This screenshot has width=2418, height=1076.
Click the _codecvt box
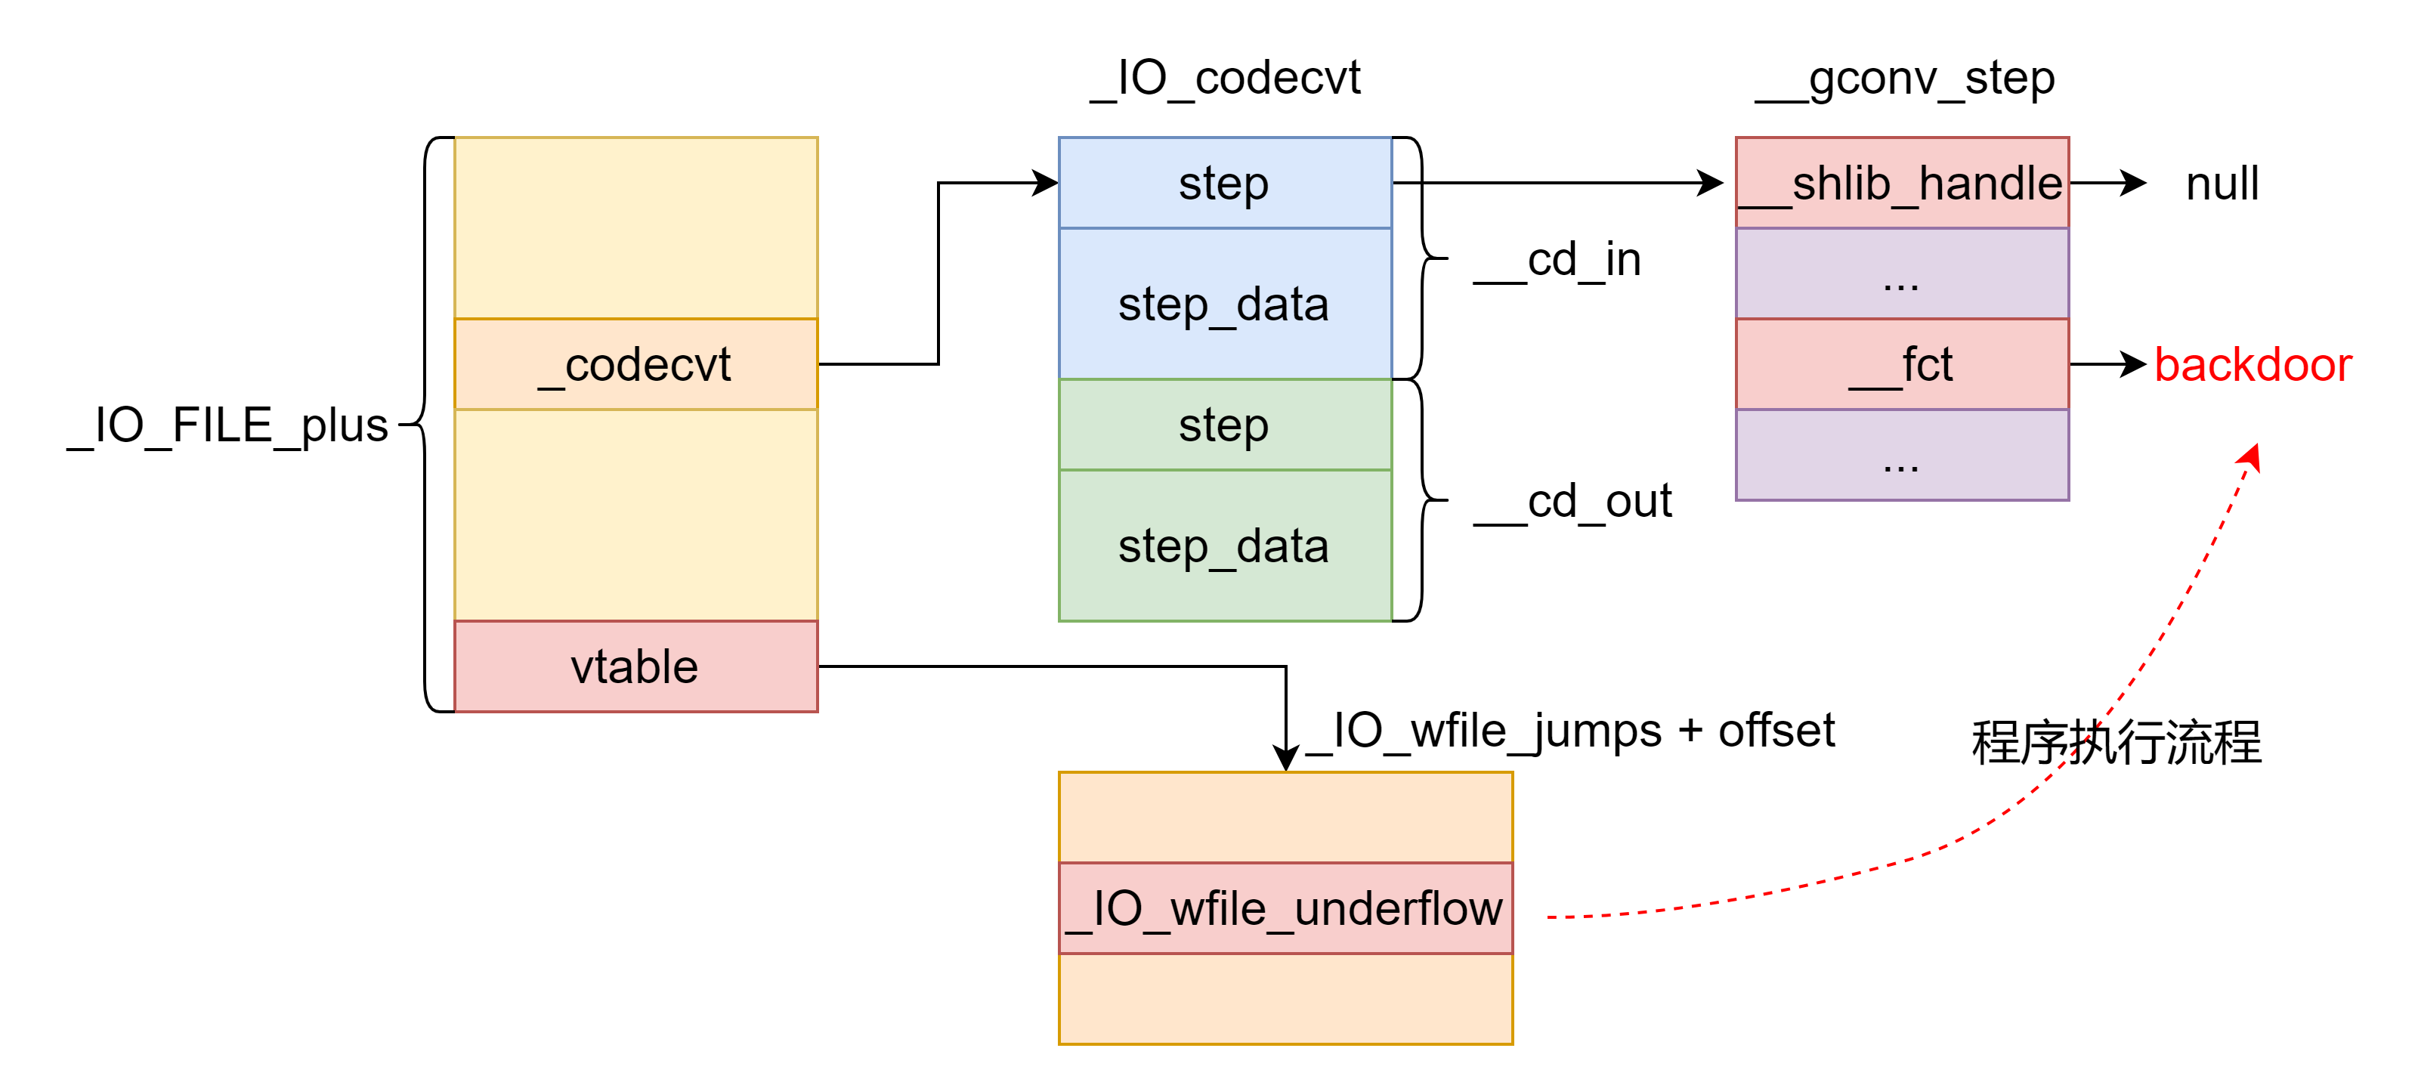[x=635, y=364]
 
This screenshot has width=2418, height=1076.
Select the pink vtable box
[x=635, y=666]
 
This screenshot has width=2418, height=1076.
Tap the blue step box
[x=1224, y=183]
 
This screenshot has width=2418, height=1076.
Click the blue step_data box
[x=1224, y=303]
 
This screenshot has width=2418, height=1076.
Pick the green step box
[x=1224, y=425]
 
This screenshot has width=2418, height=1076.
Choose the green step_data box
[x=1224, y=546]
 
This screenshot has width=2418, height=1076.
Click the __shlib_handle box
[x=1902, y=183]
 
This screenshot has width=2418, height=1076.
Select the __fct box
[x=1902, y=364]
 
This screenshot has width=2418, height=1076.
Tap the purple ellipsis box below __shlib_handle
[x=1902, y=274]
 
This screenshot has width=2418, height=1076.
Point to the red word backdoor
[x=2253, y=364]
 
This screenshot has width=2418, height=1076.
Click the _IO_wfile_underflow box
[x=1285, y=908]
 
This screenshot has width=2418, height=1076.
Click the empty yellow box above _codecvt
[x=635, y=228]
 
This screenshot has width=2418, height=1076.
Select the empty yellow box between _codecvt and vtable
[x=635, y=515]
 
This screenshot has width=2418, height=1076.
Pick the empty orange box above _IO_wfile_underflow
[x=1285, y=817]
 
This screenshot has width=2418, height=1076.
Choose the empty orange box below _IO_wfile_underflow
[x=1285, y=999]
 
